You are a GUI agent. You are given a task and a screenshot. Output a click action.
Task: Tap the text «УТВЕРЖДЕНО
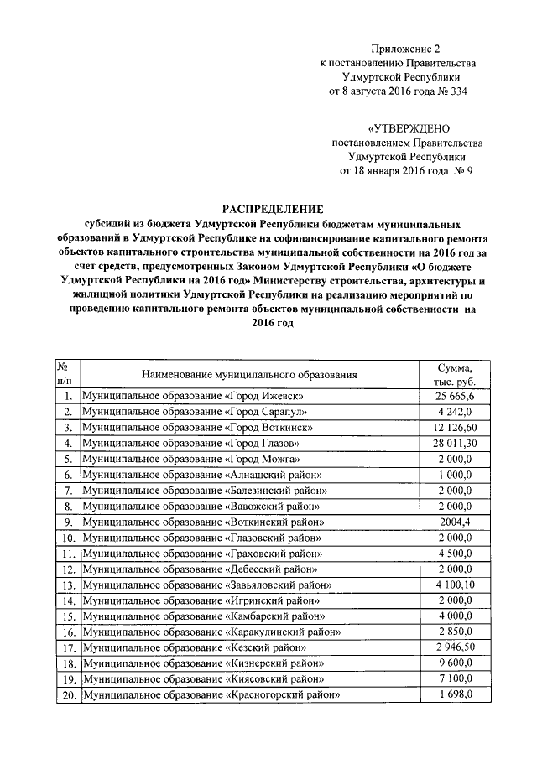(x=409, y=127)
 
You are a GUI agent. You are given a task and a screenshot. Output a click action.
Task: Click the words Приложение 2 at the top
(x=406, y=50)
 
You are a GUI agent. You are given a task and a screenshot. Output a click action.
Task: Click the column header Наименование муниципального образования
(x=249, y=375)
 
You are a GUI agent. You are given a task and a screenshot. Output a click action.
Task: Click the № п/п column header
(x=63, y=375)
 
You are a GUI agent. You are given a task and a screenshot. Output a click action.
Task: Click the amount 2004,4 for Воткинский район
(x=455, y=521)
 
